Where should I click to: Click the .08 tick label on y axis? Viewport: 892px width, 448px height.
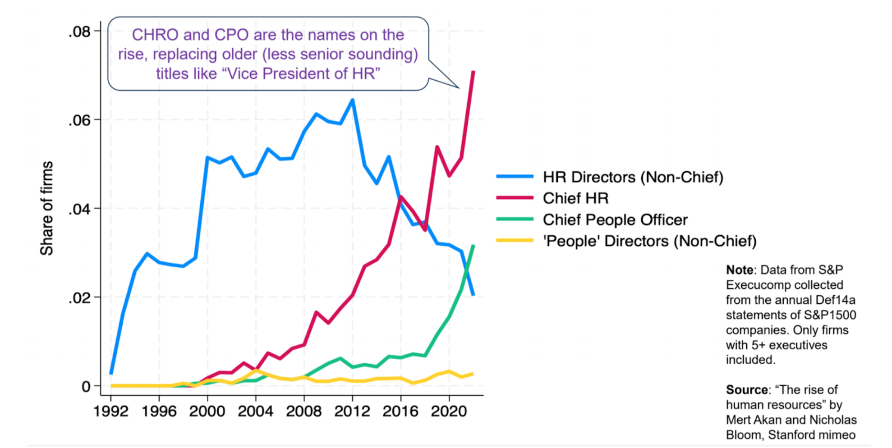click(79, 32)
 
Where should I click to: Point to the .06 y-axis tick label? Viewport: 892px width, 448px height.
click(79, 120)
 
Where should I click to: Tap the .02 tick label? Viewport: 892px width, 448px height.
click(79, 298)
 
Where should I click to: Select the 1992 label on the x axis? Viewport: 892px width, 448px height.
click(111, 411)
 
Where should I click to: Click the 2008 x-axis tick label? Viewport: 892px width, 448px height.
click(303, 411)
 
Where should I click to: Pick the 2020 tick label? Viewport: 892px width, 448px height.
click(448, 411)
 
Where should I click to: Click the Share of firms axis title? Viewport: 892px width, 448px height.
click(46, 208)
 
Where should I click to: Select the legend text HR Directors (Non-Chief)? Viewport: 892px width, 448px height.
click(633, 177)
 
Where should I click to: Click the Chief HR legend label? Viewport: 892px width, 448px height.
click(575, 198)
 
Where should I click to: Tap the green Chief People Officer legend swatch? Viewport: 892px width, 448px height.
click(515, 219)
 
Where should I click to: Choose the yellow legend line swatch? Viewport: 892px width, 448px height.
click(515, 241)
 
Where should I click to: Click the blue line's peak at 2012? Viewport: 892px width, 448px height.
click(353, 100)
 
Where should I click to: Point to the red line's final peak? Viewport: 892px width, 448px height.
click(473, 72)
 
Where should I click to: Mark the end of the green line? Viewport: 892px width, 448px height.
click(473, 246)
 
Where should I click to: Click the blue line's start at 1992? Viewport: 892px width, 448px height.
click(111, 373)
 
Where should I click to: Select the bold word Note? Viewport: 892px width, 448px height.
click(739, 270)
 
